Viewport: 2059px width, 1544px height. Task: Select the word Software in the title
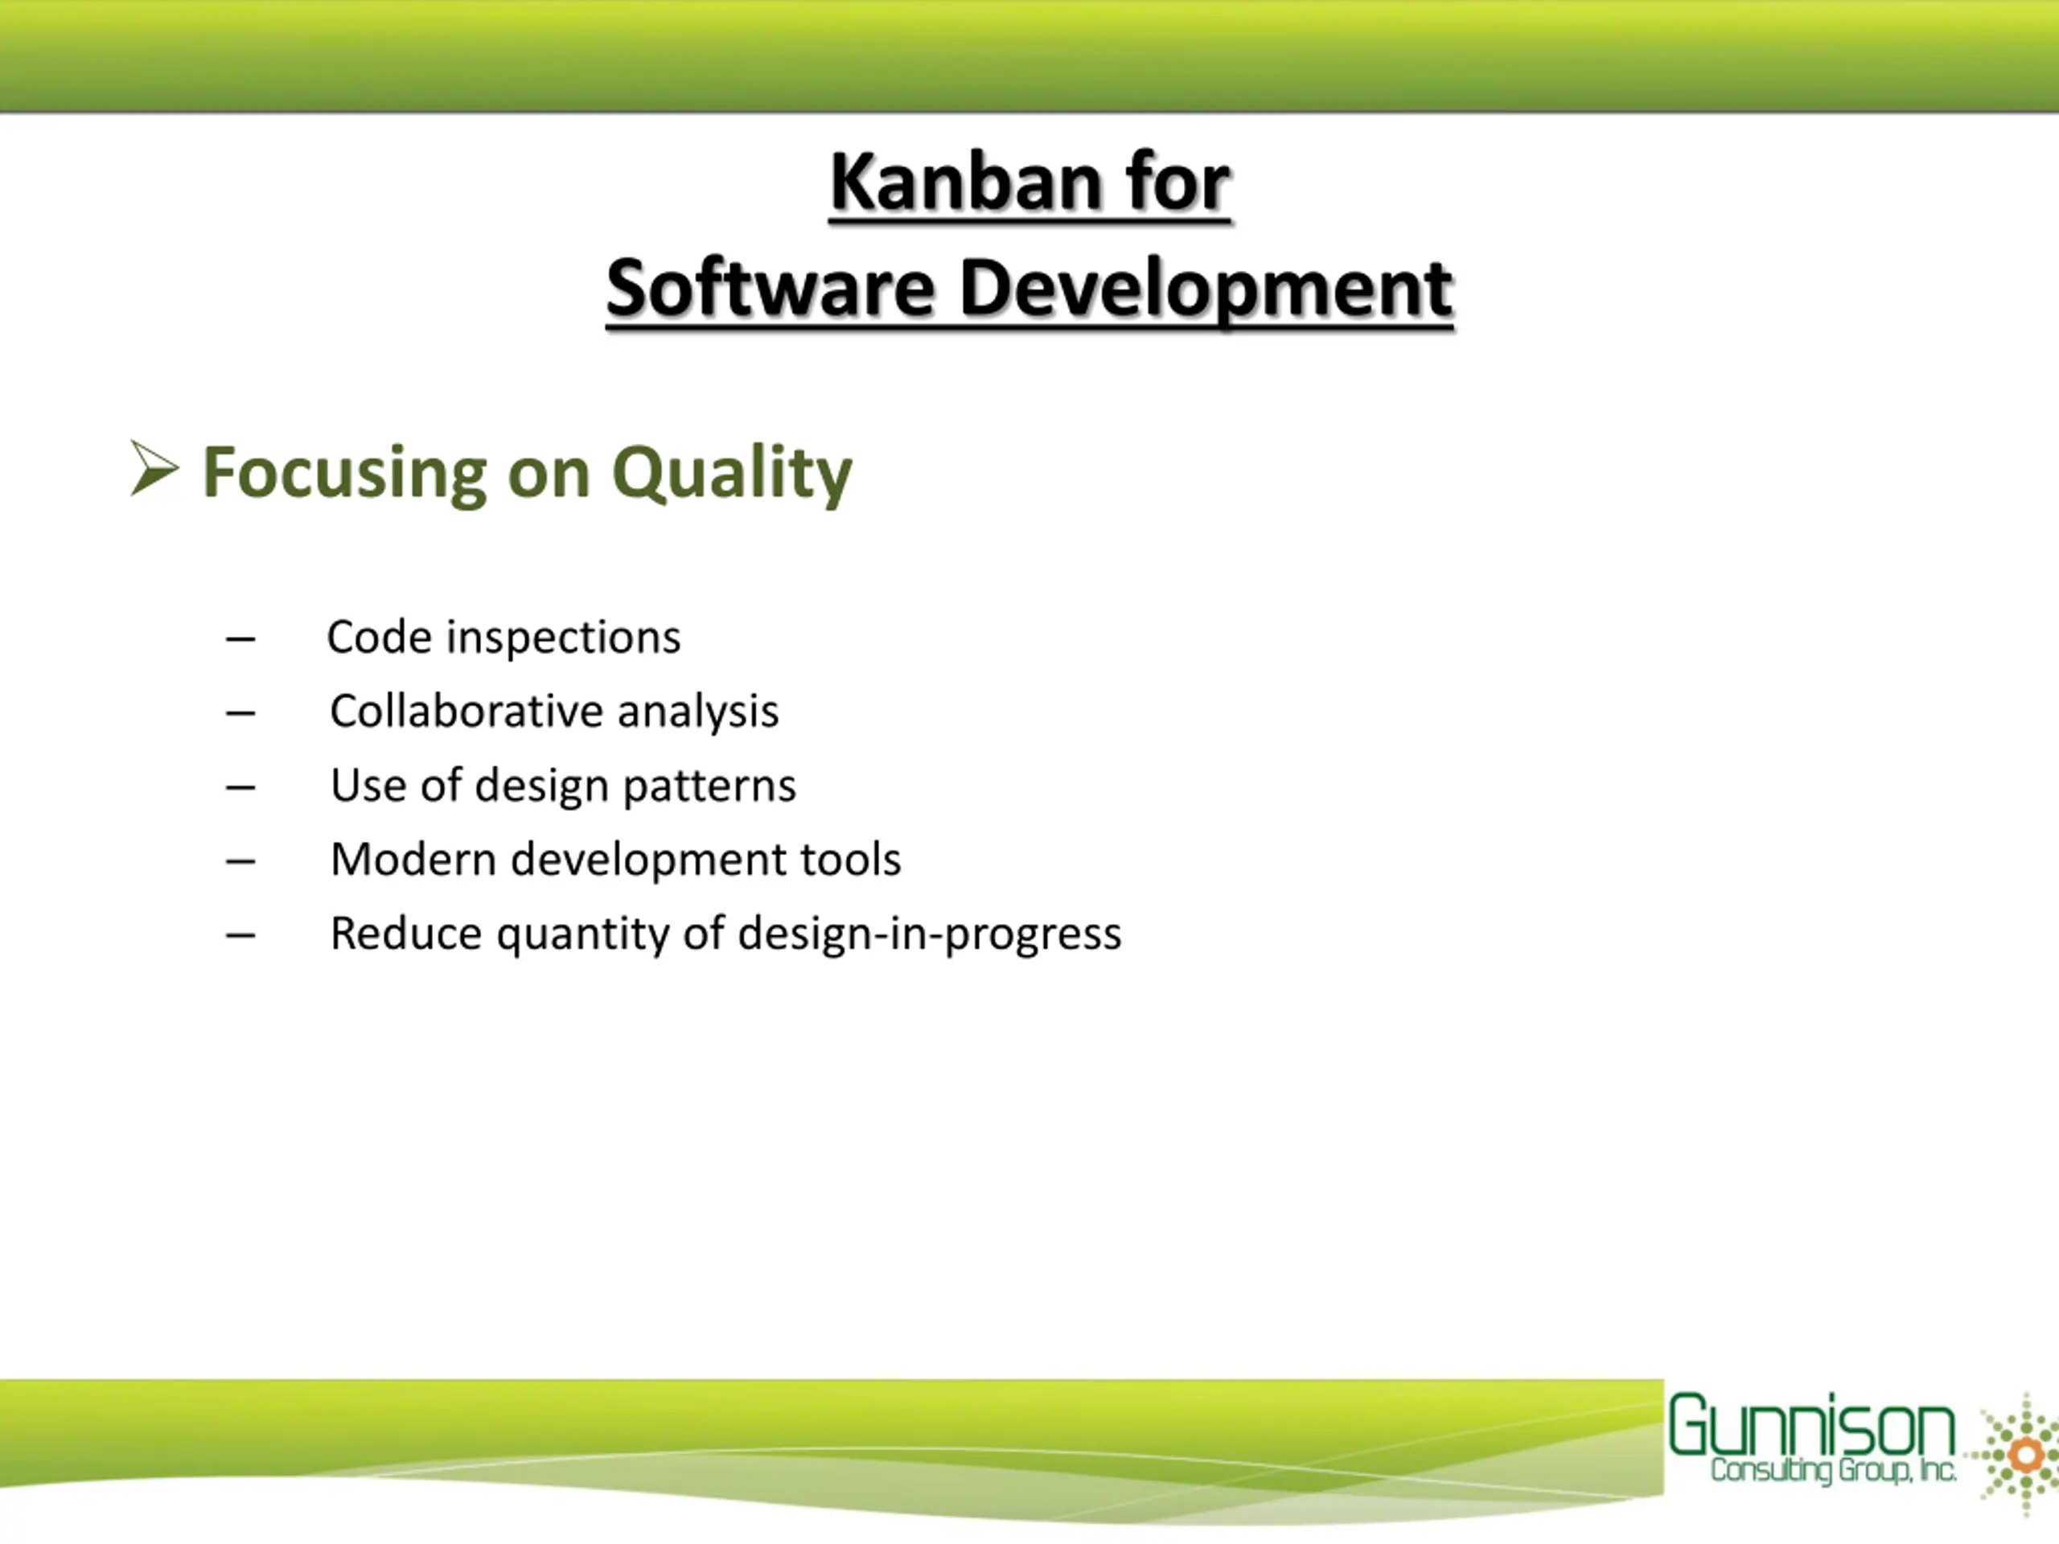click(770, 288)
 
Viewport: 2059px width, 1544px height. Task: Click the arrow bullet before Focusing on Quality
click(154, 468)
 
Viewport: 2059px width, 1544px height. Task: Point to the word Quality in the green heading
click(732, 474)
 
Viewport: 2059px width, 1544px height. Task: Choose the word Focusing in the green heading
click(344, 474)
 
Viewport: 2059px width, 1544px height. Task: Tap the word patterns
click(709, 787)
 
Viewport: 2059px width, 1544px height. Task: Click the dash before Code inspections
click(240, 639)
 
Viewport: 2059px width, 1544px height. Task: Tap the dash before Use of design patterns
click(240, 787)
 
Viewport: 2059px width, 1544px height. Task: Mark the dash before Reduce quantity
click(240, 935)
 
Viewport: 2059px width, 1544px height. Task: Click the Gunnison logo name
click(1811, 1425)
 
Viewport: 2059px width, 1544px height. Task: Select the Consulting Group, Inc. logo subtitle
click(1833, 1472)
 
